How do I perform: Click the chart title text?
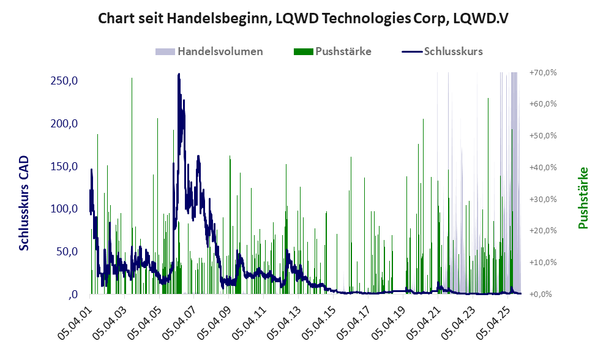304,19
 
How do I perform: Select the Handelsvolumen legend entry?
220,51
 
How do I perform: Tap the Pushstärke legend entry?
343,51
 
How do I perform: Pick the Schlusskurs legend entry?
453,51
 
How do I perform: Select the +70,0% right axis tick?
544,72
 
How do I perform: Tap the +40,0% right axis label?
544,167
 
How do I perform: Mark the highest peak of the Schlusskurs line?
178,74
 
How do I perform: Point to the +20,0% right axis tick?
544,230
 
